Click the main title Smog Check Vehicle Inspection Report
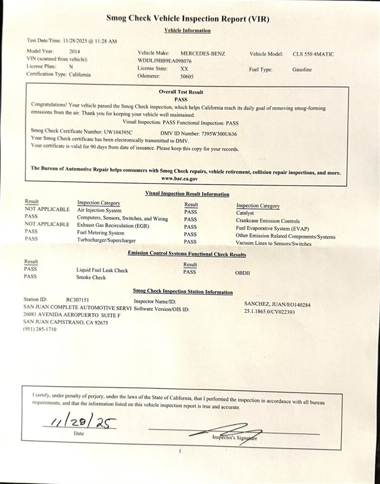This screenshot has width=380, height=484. click(187, 19)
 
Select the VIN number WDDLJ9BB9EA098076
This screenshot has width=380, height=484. click(164, 60)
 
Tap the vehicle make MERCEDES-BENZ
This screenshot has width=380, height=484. click(203, 53)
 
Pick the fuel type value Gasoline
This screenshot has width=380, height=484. click(302, 70)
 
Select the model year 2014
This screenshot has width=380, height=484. click(74, 51)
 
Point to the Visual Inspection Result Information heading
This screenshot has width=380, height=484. click(187, 194)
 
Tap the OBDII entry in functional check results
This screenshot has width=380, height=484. click(242, 273)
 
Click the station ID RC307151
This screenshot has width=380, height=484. click(78, 299)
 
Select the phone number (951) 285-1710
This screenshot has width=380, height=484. click(40, 329)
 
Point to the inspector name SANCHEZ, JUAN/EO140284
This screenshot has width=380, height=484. click(277, 305)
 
